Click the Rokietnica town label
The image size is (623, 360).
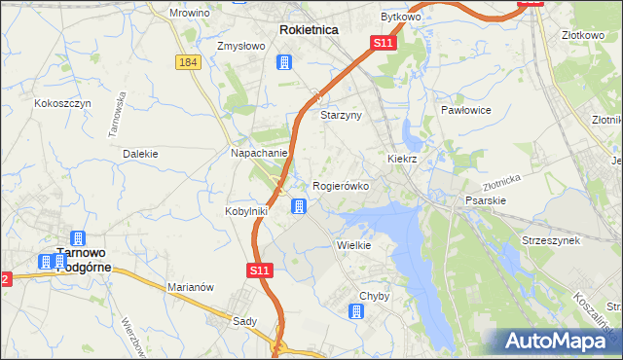(309, 30)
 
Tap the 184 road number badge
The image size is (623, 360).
(189, 62)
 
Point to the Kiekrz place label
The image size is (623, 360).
(402, 159)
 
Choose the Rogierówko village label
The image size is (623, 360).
(341, 186)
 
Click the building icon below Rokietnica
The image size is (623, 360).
(284, 63)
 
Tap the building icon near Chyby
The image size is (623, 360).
(356, 311)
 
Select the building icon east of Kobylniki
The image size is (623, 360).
(299, 206)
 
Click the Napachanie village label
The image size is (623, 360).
(258, 154)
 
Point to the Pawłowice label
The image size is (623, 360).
(463, 111)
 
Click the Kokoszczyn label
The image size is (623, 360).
(62, 103)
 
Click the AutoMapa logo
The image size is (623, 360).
(557, 342)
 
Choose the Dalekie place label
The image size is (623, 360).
(140, 154)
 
